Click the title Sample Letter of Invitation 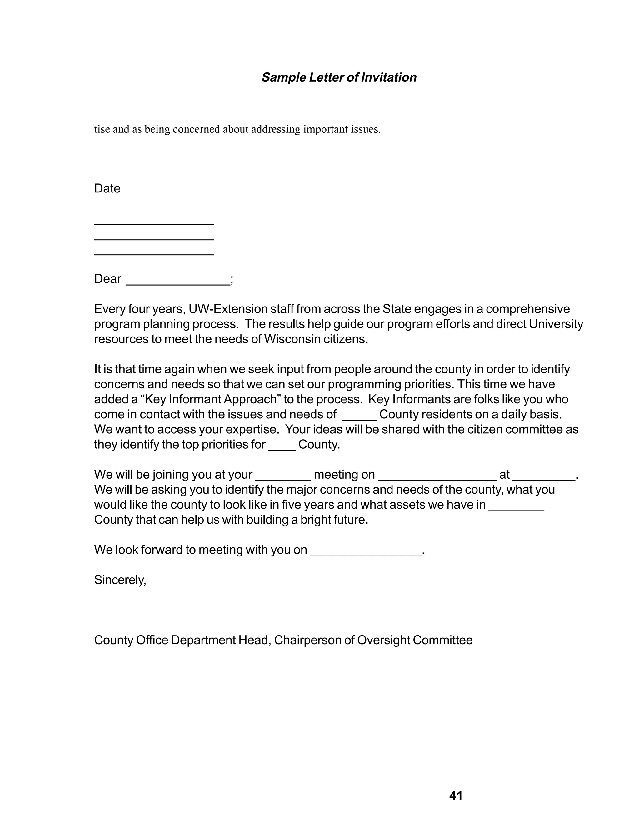(x=339, y=77)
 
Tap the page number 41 (x=456, y=796)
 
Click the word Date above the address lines (x=107, y=188)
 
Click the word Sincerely (x=120, y=580)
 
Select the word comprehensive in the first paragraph (x=527, y=309)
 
